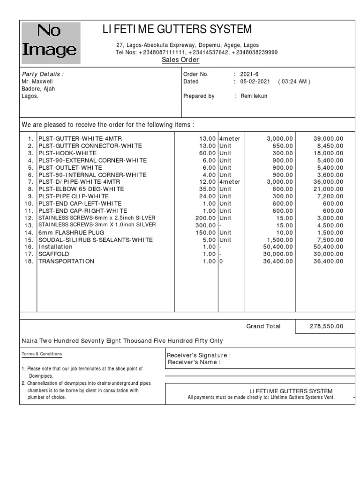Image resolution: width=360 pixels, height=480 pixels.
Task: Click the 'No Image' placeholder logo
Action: click(51, 43)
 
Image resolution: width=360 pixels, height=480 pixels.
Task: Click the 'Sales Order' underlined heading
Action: click(180, 60)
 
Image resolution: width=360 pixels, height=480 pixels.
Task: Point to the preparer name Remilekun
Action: click(254, 96)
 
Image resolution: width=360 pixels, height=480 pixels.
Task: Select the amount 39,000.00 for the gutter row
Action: click(328, 139)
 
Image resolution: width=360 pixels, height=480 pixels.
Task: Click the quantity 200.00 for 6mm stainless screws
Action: click(206, 218)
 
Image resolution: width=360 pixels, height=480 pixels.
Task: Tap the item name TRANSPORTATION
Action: click(66, 261)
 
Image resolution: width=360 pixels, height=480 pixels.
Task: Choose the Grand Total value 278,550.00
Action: click(326, 326)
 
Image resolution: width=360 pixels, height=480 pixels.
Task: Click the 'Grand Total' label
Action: click(263, 326)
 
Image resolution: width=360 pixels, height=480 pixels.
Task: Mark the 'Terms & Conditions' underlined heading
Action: click(42, 354)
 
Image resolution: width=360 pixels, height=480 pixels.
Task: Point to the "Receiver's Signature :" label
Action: click(199, 355)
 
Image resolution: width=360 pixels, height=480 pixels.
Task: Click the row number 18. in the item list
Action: click(29, 261)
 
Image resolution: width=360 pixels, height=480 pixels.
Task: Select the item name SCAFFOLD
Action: click(54, 254)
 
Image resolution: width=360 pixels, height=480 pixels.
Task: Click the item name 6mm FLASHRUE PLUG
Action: click(71, 232)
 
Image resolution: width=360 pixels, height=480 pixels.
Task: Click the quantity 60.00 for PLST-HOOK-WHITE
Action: click(207, 153)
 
